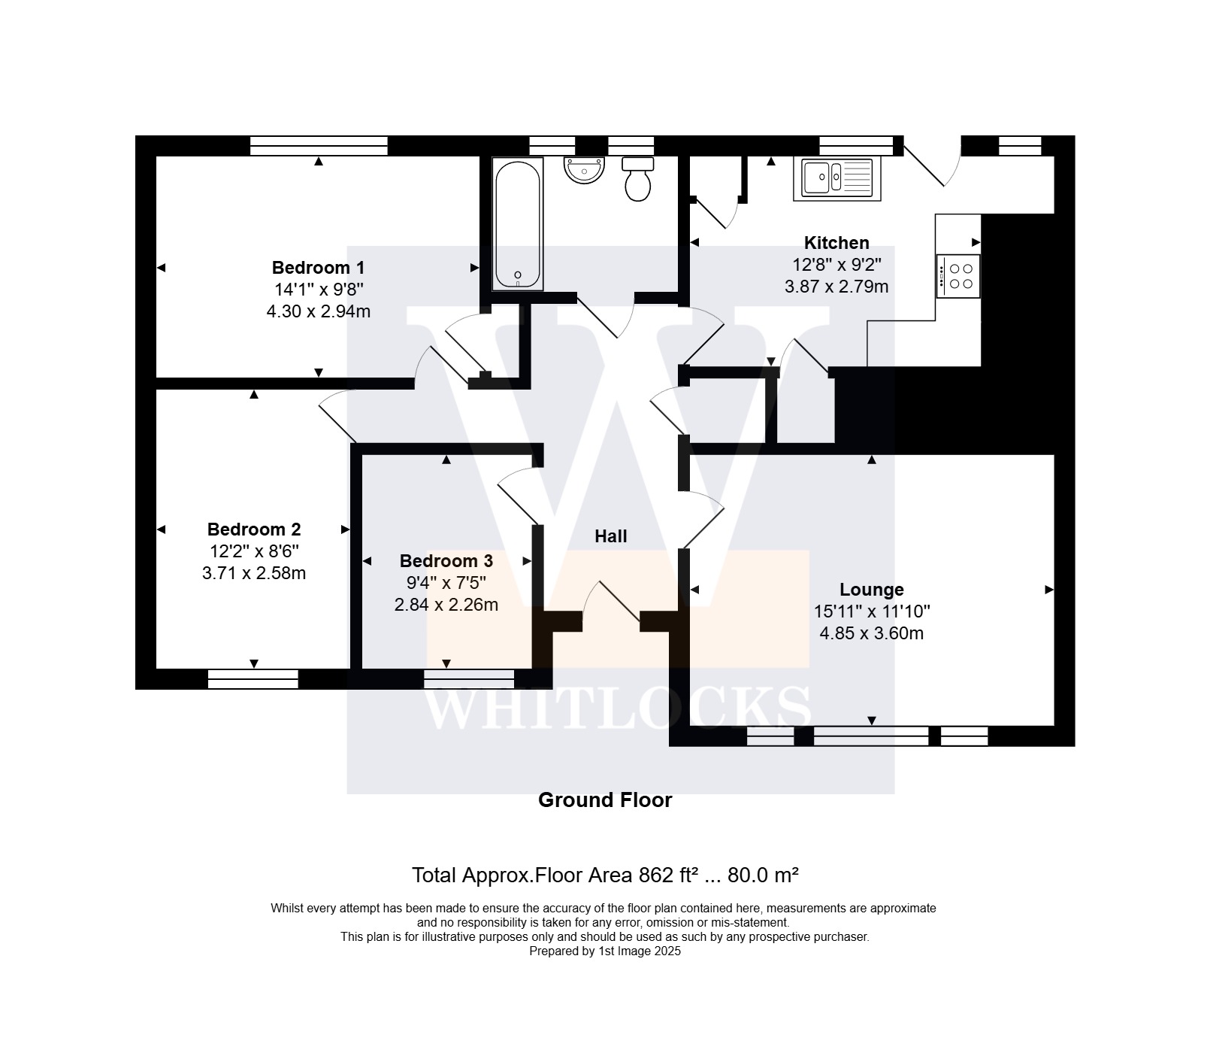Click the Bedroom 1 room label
(318, 268)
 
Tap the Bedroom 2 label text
(254, 529)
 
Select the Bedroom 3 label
(446, 561)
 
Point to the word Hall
(610, 536)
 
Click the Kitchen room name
(836, 243)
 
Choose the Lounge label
(872, 590)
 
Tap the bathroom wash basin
(584, 170)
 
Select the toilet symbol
(638, 179)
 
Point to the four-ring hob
(958, 276)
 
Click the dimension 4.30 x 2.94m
(319, 311)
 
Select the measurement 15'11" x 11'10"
(872, 611)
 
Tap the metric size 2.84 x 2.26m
(446, 605)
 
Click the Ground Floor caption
(605, 800)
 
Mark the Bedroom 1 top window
(319, 146)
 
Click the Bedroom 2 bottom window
(253, 679)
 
